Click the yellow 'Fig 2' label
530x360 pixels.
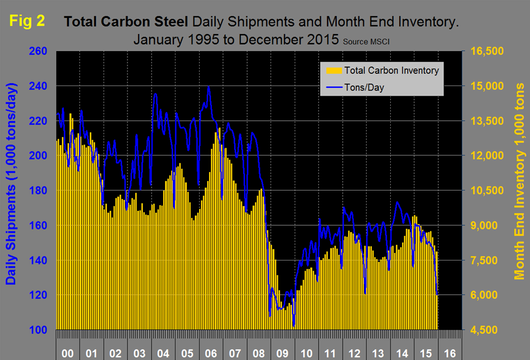[26, 21]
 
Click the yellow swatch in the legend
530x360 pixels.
[332, 70]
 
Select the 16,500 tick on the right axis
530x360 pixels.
[488, 51]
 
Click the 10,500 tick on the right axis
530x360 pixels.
[488, 191]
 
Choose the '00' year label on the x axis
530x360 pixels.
[68, 353]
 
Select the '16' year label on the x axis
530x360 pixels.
[450, 353]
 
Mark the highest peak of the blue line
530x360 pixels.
[209, 87]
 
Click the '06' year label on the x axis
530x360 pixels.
[211, 353]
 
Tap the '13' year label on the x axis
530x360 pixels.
[378, 353]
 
